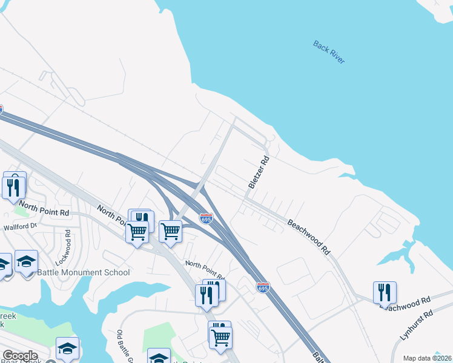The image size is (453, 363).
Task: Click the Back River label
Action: point(329,52)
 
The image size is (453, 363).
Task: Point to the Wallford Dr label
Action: point(21,226)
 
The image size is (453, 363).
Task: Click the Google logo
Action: point(20,356)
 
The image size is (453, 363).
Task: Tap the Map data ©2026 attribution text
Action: point(427,358)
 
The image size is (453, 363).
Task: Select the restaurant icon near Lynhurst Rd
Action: point(385,293)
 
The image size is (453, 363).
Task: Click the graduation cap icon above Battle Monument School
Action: point(26,261)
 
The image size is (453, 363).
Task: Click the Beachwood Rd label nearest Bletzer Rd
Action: point(309,237)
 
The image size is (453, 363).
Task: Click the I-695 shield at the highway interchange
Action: point(206,218)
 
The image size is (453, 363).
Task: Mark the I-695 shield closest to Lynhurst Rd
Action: point(262,287)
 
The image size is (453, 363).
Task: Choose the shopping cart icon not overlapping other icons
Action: point(170,231)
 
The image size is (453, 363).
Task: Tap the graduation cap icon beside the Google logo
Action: point(67,348)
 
